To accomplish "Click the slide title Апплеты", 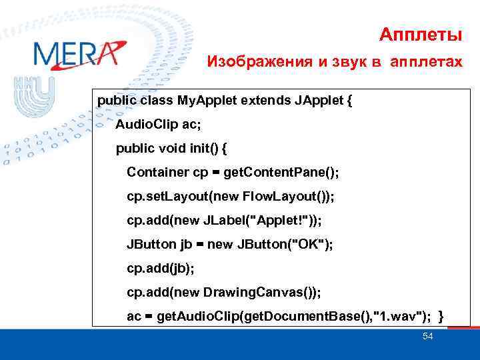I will [x=420, y=33].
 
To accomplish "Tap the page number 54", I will [x=428, y=336].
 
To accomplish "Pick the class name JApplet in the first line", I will [x=317, y=101].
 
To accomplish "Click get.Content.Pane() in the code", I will [x=281, y=172].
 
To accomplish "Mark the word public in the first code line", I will [x=117, y=101].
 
